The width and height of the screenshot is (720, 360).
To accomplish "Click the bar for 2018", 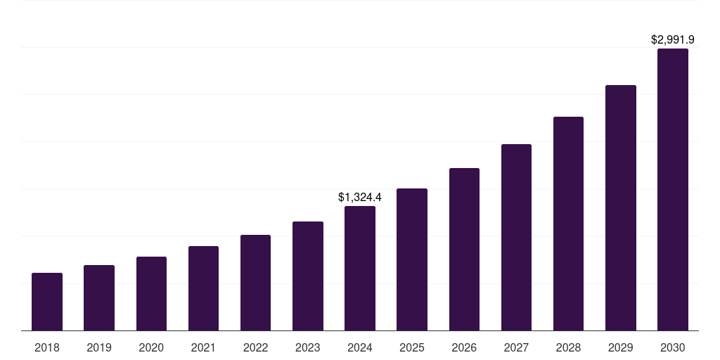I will click(x=47, y=302).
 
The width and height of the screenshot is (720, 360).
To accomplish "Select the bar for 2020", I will click(x=151, y=294).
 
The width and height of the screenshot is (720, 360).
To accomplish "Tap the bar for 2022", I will click(x=255, y=283).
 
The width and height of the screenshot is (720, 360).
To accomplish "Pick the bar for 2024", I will click(x=360, y=269).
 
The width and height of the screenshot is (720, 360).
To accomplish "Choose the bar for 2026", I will click(x=464, y=250).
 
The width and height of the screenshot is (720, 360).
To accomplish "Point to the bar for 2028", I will click(x=568, y=224).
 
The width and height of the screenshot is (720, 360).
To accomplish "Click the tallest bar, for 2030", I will click(x=673, y=190).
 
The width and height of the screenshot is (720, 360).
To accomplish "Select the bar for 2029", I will click(x=621, y=208).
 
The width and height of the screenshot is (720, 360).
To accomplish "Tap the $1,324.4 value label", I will click(x=360, y=197).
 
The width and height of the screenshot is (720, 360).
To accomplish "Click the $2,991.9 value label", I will click(x=673, y=39).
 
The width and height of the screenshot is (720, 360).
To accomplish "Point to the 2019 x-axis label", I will click(x=99, y=347).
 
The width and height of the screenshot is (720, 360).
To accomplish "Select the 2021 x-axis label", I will click(x=203, y=347).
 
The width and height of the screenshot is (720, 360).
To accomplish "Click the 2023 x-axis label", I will click(x=308, y=347).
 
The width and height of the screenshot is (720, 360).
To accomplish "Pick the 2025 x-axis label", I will click(x=412, y=347).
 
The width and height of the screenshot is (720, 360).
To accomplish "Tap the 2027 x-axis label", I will click(x=516, y=347).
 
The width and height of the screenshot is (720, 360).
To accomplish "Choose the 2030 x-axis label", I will click(x=673, y=347).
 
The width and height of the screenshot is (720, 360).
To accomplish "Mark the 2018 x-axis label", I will click(x=47, y=347).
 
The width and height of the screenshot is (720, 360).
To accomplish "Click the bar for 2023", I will click(x=308, y=276).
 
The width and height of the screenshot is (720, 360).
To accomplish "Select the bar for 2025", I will click(x=412, y=259).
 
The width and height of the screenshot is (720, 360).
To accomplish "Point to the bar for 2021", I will click(x=203, y=288).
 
